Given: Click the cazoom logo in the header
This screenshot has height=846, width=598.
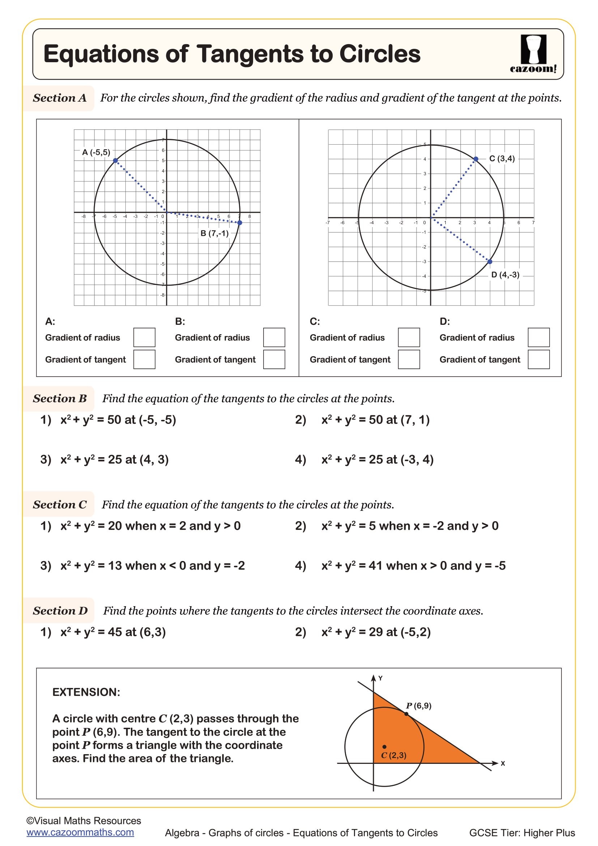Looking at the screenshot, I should [533, 54].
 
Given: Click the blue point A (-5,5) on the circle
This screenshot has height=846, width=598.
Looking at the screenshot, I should [115, 160].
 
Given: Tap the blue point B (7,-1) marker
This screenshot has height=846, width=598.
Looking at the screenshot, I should [240, 222].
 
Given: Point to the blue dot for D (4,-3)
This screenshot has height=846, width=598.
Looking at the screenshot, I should [490, 262].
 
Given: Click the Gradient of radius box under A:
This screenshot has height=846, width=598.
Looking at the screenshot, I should [144, 337].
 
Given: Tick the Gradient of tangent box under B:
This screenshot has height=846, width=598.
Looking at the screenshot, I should [274, 359].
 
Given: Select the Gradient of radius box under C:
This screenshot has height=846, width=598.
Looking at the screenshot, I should [409, 337].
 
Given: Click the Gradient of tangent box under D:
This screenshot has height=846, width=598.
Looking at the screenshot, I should [538, 359].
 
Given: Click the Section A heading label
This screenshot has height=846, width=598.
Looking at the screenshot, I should [59, 98].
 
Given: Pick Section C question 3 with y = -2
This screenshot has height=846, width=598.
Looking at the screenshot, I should [142, 566].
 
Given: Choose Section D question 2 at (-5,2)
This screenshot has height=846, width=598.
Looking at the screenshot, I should [376, 632].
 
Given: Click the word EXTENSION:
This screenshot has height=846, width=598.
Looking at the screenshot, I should [86, 692].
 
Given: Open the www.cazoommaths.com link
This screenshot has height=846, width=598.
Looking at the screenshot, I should [80, 832].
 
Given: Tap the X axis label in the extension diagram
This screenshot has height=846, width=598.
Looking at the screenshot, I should [503, 764].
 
